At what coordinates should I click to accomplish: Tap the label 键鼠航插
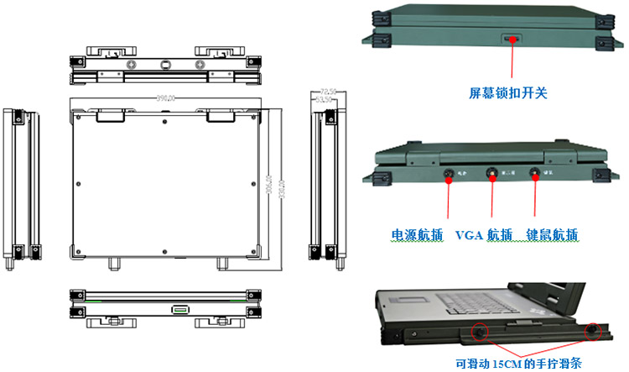coord(552,234)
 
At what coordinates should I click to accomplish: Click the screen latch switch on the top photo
coord(510,39)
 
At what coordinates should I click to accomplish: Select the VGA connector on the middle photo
coord(491,175)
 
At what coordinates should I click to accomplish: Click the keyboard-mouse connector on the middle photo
coord(533,175)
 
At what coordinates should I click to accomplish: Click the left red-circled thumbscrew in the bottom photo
coord(478,331)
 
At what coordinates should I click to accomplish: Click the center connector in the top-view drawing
coord(165,64)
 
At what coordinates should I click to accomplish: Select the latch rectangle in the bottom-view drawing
coord(180,309)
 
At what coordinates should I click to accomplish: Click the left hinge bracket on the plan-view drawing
coord(112,115)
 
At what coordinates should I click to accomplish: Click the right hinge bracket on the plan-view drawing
coord(221,115)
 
